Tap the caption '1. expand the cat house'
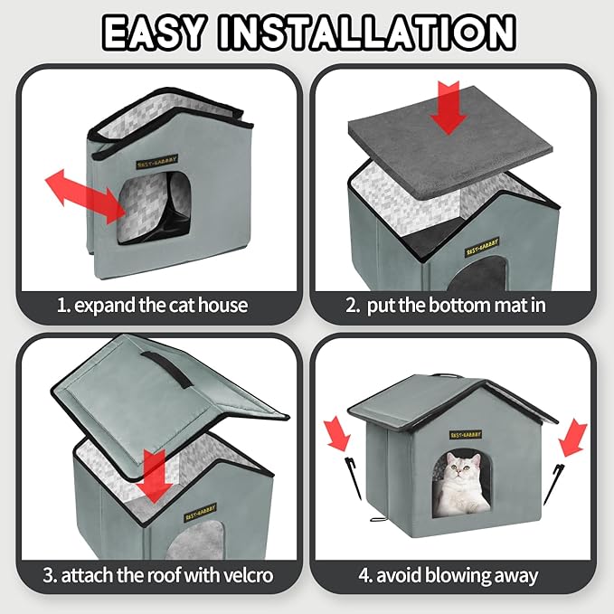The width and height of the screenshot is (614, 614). point(152,305)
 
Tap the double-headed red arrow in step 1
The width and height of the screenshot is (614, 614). point(86,194)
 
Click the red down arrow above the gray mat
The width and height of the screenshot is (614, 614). point(450,107)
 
